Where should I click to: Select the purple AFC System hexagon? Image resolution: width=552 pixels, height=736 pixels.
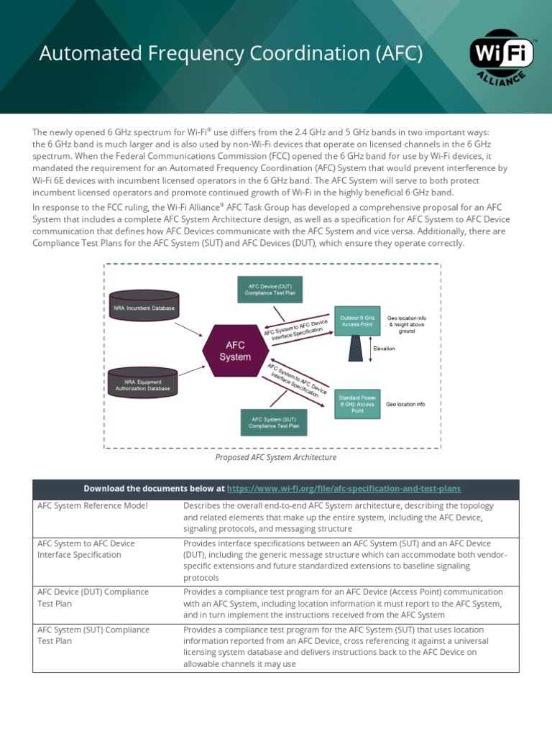pyautogui.click(x=235, y=351)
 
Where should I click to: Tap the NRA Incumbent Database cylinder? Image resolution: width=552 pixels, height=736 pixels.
pyautogui.click(x=144, y=308)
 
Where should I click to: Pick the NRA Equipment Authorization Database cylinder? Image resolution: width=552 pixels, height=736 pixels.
pyautogui.click(x=144, y=385)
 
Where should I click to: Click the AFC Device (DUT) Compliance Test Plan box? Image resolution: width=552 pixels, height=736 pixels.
pyautogui.click(x=270, y=289)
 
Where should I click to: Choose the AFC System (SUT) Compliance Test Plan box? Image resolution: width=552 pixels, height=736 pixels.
pyautogui.click(x=273, y=421)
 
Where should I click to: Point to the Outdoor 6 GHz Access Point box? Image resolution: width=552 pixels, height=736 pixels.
pyautogui.click(x=357, y=321)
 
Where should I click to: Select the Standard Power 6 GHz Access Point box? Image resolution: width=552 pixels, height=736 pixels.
pyautogui.click(x=357, y=404)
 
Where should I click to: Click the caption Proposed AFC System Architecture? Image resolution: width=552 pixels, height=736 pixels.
pyautogui.click(x=275, y=457)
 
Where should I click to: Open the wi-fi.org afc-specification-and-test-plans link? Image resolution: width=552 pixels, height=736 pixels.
pyautogui.click(x=344, y=489)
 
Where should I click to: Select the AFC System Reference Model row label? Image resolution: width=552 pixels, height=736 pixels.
pyautogui.click(x=92, y=506)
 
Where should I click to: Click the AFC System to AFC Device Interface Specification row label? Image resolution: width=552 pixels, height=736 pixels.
pyautogui.click(x=86, y=549)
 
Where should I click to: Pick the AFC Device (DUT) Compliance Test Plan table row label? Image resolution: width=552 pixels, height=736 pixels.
pyautogui.click(x=93, y=598)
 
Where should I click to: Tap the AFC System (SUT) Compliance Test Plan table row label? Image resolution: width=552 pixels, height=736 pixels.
pyautogui.click(x=93, y=635)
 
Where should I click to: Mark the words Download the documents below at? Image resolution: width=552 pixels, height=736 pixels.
pyautogui.click(x=154, y=489)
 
